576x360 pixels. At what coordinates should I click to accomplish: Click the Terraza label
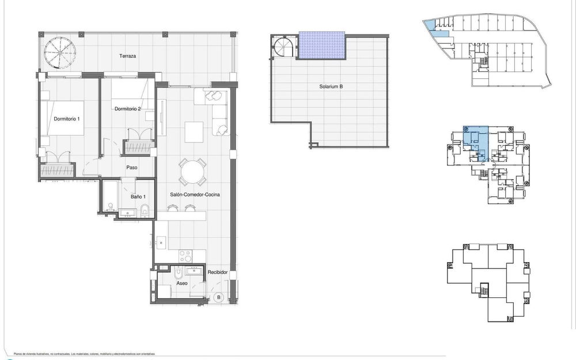pos(128,56)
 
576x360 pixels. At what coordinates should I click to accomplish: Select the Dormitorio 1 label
pos(67,119)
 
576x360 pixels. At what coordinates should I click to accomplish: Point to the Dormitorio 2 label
pos(128,109)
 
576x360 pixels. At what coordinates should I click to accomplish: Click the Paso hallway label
pos(131,168)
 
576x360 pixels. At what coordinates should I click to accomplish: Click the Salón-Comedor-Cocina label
pos(195,195)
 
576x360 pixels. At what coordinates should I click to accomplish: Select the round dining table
pos(192,171)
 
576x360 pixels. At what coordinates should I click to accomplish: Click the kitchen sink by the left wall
pos(161,241)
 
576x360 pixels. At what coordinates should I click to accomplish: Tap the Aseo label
pos(183,283)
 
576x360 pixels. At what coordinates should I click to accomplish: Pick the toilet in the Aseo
pos(179,273)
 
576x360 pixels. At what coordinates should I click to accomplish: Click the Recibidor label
pos(218,272)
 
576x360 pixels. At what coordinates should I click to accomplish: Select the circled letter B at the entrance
pos(219,297)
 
